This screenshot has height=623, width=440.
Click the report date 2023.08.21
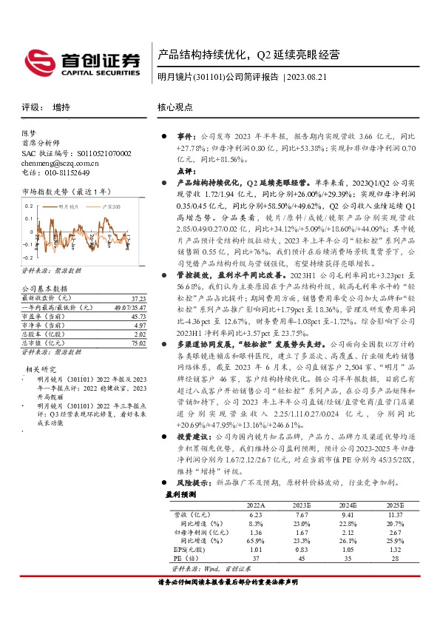pyautogui.click(x=310, y=77)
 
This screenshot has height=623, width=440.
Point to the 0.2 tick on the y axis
pyautogui.click(x=30, y=206)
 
